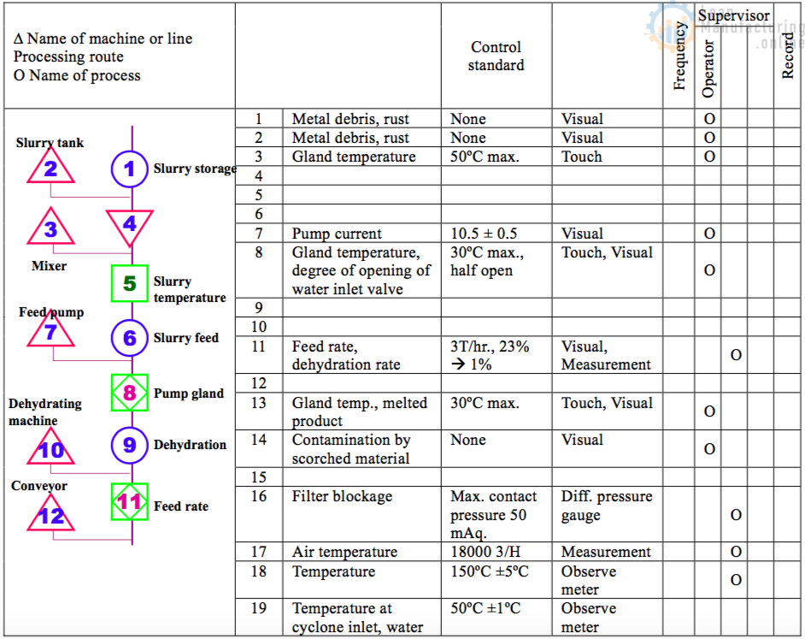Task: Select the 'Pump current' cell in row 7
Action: (x=337, y=234)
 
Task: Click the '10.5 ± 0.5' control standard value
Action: (x=484, y=234)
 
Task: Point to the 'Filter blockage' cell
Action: (x=342, y=496)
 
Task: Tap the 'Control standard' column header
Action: (x=496, y=56)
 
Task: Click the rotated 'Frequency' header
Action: (x=679, y=56)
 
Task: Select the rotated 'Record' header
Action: (x=788, y=56)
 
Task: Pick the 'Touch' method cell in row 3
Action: (x=582, y=157)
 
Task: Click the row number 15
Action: (x=259, y=477)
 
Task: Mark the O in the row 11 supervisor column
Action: (x=736, y=355)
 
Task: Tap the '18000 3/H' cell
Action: (x=485, y=552)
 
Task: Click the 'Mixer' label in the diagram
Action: (x=49, y=266)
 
